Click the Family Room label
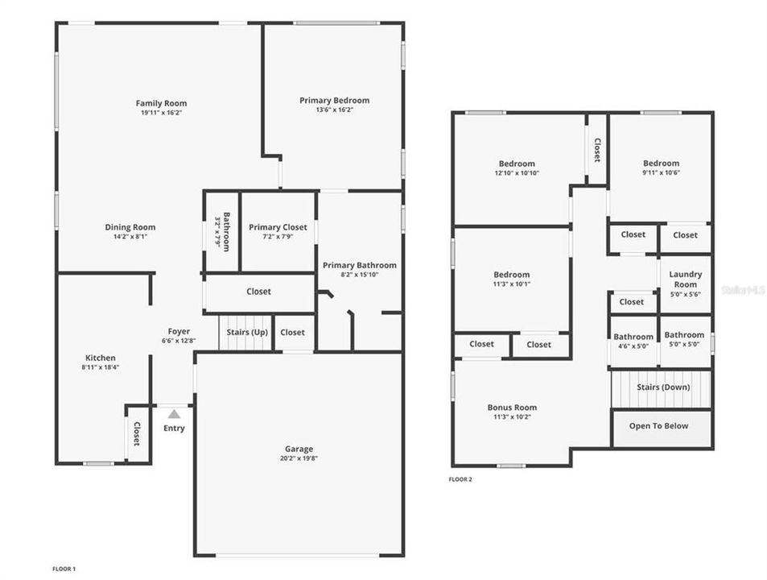161,103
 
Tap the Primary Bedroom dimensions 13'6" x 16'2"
334,110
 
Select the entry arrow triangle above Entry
174,413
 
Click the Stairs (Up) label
246,332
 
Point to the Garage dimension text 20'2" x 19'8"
299,458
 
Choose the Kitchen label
101,358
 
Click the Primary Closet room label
278,227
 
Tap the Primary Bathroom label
359,265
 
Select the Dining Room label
130,227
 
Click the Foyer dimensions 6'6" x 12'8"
179,341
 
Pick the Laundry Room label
685,280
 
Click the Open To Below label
658,426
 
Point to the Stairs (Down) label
662,387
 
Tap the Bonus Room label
512,408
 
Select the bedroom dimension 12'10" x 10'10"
516,173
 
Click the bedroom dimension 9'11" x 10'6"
661,172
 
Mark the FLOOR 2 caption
460,479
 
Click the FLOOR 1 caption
64,569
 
